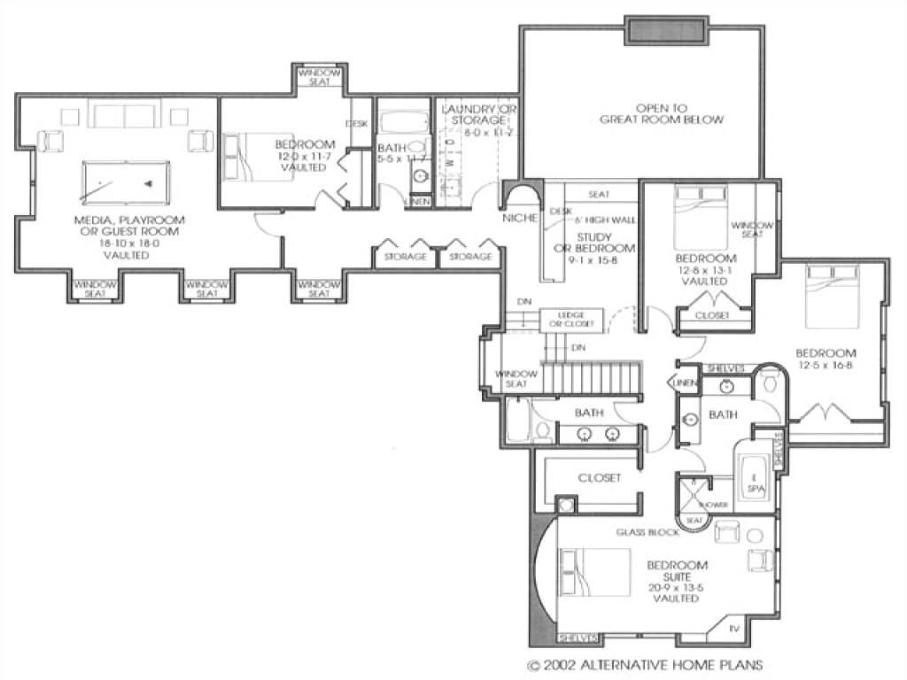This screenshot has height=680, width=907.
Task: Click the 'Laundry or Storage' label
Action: (x=478, y=114)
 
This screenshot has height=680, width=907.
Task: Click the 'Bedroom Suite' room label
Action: (x=677, y=571)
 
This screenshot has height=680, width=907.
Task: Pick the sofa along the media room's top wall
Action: (x=124, y=115)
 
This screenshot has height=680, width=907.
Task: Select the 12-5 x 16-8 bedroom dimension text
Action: (x=825, y=365)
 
